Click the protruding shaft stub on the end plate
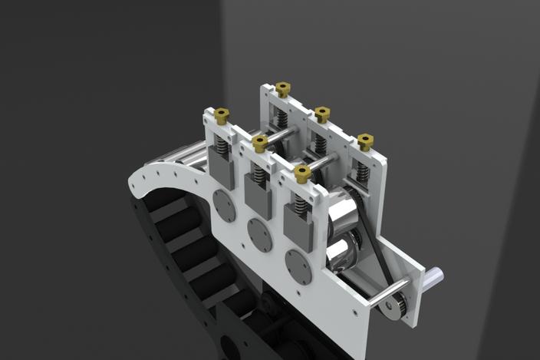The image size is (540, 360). [435, 273]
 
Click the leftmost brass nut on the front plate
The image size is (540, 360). [222, 115]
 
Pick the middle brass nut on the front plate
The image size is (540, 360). [260, 142]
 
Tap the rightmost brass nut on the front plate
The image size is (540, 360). [301, 173]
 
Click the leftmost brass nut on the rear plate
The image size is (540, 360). [282, 89]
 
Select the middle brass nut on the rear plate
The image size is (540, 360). [322, 114]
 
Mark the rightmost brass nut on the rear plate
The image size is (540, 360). [364, 142]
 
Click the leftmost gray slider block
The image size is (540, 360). [222, 170]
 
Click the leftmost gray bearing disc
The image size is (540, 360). [224, 206]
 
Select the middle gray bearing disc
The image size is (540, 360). [260, 234]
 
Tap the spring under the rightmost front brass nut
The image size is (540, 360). [299, 202]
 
